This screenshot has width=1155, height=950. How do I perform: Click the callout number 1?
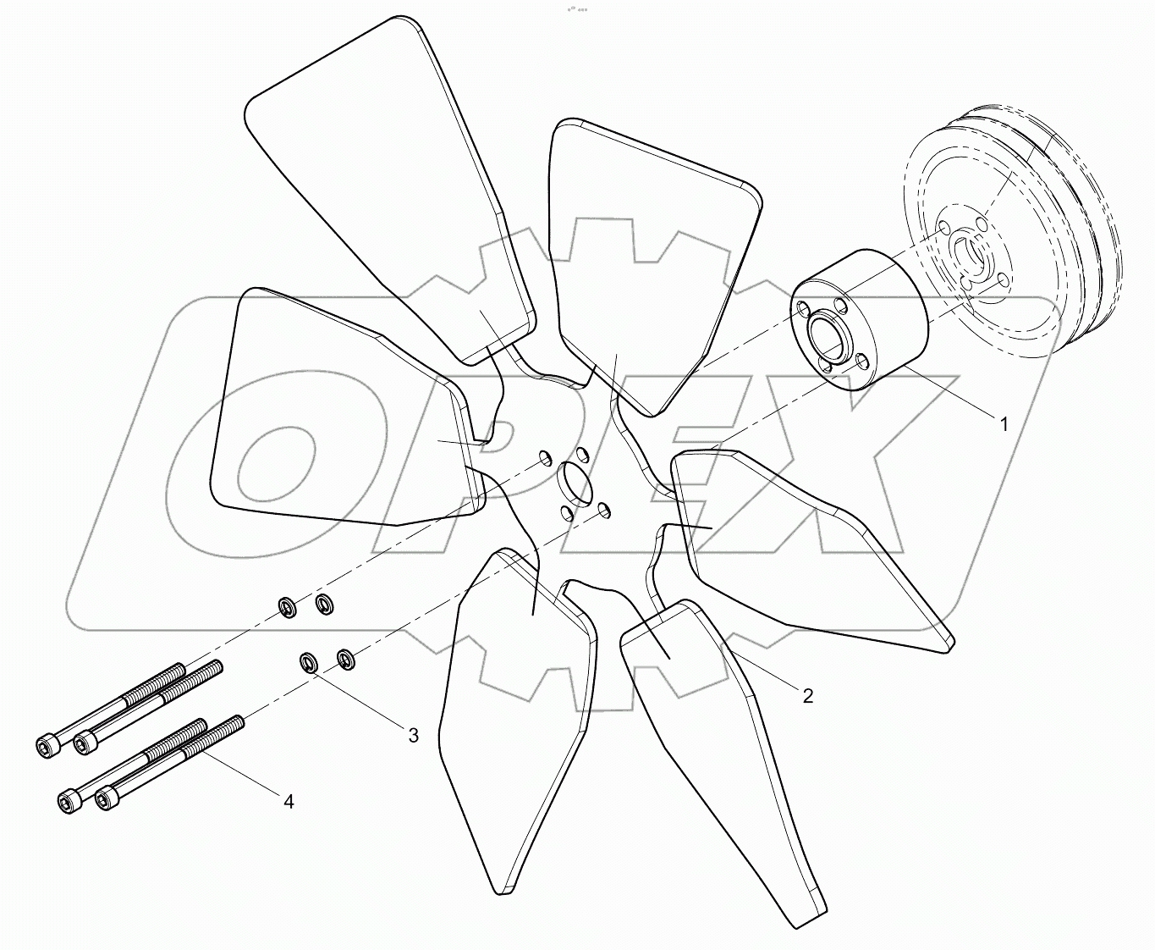click(x=1004, y=424)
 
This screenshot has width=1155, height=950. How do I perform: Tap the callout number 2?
click(x=807, y=695)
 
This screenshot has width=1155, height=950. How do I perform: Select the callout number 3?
click(x=413, y=735)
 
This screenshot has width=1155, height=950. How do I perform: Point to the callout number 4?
click(x=288, y=801)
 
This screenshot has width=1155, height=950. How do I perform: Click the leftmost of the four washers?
click(x=288, y=605)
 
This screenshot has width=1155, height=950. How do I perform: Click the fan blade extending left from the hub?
click(x=338, y=415)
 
